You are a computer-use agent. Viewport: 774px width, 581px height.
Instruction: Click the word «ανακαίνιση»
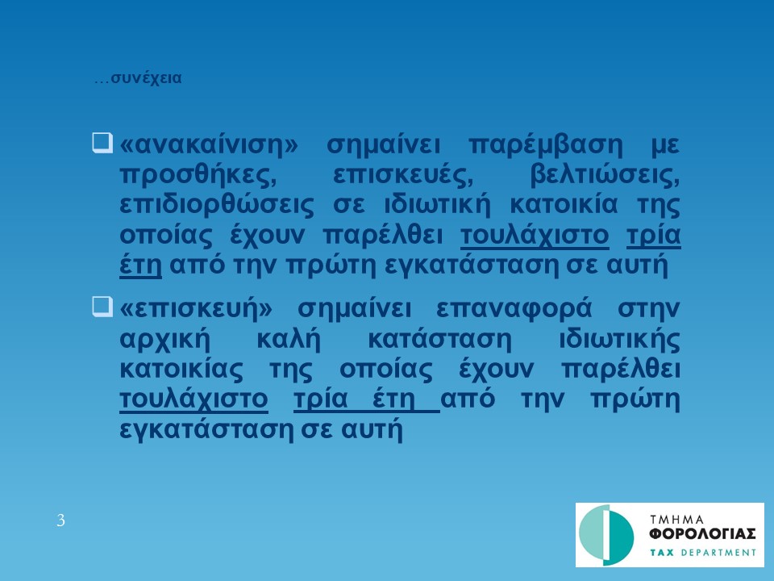(209, 144)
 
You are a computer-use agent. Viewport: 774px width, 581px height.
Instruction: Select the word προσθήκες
(198, 175)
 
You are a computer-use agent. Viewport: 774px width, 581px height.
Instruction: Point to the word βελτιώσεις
(605, 175)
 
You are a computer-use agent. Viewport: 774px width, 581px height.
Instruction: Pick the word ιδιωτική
(437, 204)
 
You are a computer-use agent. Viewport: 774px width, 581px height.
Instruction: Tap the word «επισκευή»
(196, 308)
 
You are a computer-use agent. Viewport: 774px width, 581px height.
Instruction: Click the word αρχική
(165, 340)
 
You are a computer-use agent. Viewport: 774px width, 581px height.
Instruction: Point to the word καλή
(289, 339)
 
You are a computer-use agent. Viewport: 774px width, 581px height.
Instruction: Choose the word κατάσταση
(440, 340)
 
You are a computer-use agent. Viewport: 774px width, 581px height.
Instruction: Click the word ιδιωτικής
(619, 340)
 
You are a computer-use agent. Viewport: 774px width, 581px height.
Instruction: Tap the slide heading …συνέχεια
(138, 78)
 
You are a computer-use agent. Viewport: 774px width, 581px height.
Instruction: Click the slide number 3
(60, 520)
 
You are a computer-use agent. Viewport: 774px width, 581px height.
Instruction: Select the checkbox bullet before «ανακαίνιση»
(102, 143)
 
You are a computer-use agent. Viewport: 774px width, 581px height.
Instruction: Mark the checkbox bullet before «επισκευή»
(102, 307)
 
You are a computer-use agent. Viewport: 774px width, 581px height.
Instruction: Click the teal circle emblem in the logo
(606, 535)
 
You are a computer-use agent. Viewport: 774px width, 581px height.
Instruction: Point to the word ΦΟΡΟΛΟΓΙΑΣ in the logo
(702, 534)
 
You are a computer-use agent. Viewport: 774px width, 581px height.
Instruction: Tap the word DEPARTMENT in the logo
(718, 552)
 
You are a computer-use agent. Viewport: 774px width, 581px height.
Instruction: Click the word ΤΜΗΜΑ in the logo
(676, 520)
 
